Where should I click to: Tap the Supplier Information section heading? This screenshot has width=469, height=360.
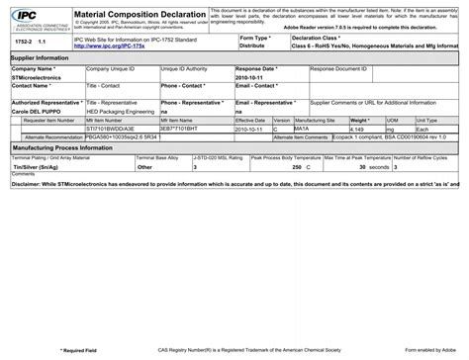point(40,58)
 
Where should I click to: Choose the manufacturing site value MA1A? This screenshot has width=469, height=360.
point(302,129)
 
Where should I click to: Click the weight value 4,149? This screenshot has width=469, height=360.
point(358,129)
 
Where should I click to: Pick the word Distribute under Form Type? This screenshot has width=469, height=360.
point(252,45)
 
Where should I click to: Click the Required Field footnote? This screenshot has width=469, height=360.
point(79,350)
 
